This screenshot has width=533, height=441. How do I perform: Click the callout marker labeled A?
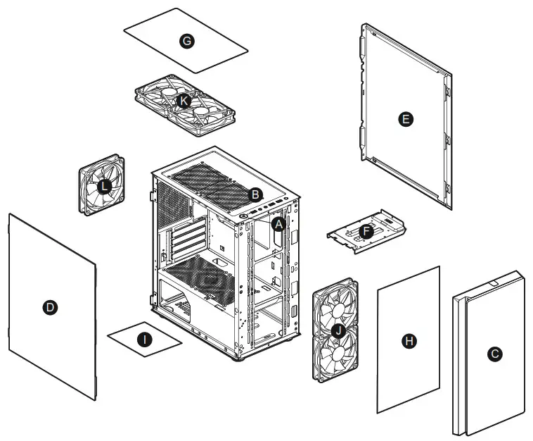(x=278, y=225)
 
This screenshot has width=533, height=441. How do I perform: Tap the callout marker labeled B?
(x=256, y=193)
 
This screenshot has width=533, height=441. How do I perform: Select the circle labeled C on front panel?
(x=495, y=354)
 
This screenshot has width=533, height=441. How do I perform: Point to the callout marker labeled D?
(x=49, y=307)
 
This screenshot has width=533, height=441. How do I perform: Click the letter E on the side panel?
(x=405, y=119)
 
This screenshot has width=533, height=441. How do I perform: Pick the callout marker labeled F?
(x=365, y=231)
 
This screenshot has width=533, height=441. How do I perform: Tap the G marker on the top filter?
(x=186, y=42)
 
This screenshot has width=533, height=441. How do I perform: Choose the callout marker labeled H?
(x=409, y=341)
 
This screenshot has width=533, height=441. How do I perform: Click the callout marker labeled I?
(x=143, y=340)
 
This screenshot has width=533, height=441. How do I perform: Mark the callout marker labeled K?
(x=184, y=101)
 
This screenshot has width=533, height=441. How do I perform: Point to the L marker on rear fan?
(x=104, y=186)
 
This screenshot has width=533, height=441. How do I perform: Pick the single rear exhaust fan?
(x=101, y=185)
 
